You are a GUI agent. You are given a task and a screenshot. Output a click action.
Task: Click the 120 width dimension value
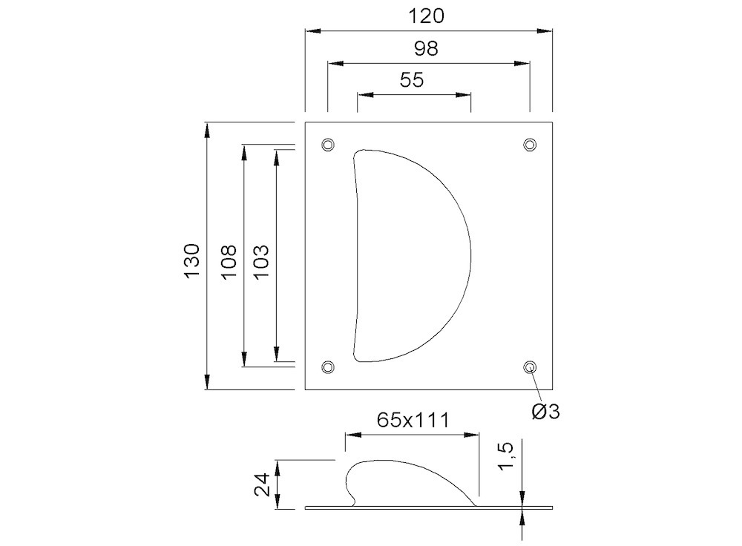pos(426,16)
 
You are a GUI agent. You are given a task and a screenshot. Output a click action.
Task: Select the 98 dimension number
pos(426,48)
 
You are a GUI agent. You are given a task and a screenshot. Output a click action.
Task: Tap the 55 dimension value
pos(412,80)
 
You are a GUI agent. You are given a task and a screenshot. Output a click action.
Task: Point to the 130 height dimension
pos(193,260)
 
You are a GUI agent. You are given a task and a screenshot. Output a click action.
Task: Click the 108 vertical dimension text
pos(229,262)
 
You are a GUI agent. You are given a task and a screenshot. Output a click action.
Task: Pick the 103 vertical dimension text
pos(261,262)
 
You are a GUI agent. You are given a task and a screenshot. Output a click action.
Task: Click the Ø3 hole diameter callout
pos(545,412)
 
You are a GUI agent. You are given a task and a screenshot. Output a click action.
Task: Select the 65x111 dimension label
pos(413,420)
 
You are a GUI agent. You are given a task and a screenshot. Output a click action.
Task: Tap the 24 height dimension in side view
pos(262,484)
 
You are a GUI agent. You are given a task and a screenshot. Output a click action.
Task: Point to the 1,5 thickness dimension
pos(505,456)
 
